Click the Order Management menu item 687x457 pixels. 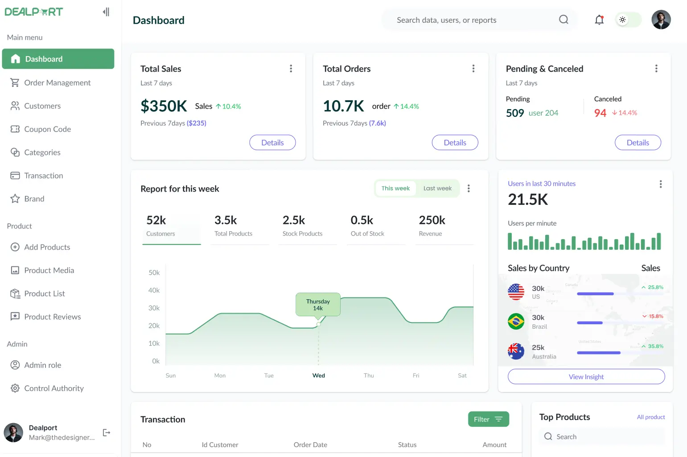57,83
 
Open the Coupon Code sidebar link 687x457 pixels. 47,129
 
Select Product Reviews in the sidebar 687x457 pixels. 52,317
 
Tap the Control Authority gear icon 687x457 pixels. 15,388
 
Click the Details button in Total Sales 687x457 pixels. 272,143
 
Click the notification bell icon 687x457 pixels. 599,20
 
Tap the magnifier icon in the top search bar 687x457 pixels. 564,20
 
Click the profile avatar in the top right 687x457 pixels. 661,20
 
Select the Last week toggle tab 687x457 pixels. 437,188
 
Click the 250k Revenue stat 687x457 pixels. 432,225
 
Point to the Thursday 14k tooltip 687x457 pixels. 318,305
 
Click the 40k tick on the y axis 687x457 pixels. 154,290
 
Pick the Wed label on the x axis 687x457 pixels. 318,375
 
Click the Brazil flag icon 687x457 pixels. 516,321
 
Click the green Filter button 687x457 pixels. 488,419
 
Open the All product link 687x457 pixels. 650,417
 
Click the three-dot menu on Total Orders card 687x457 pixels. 473,69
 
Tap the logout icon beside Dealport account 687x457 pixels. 107,433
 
